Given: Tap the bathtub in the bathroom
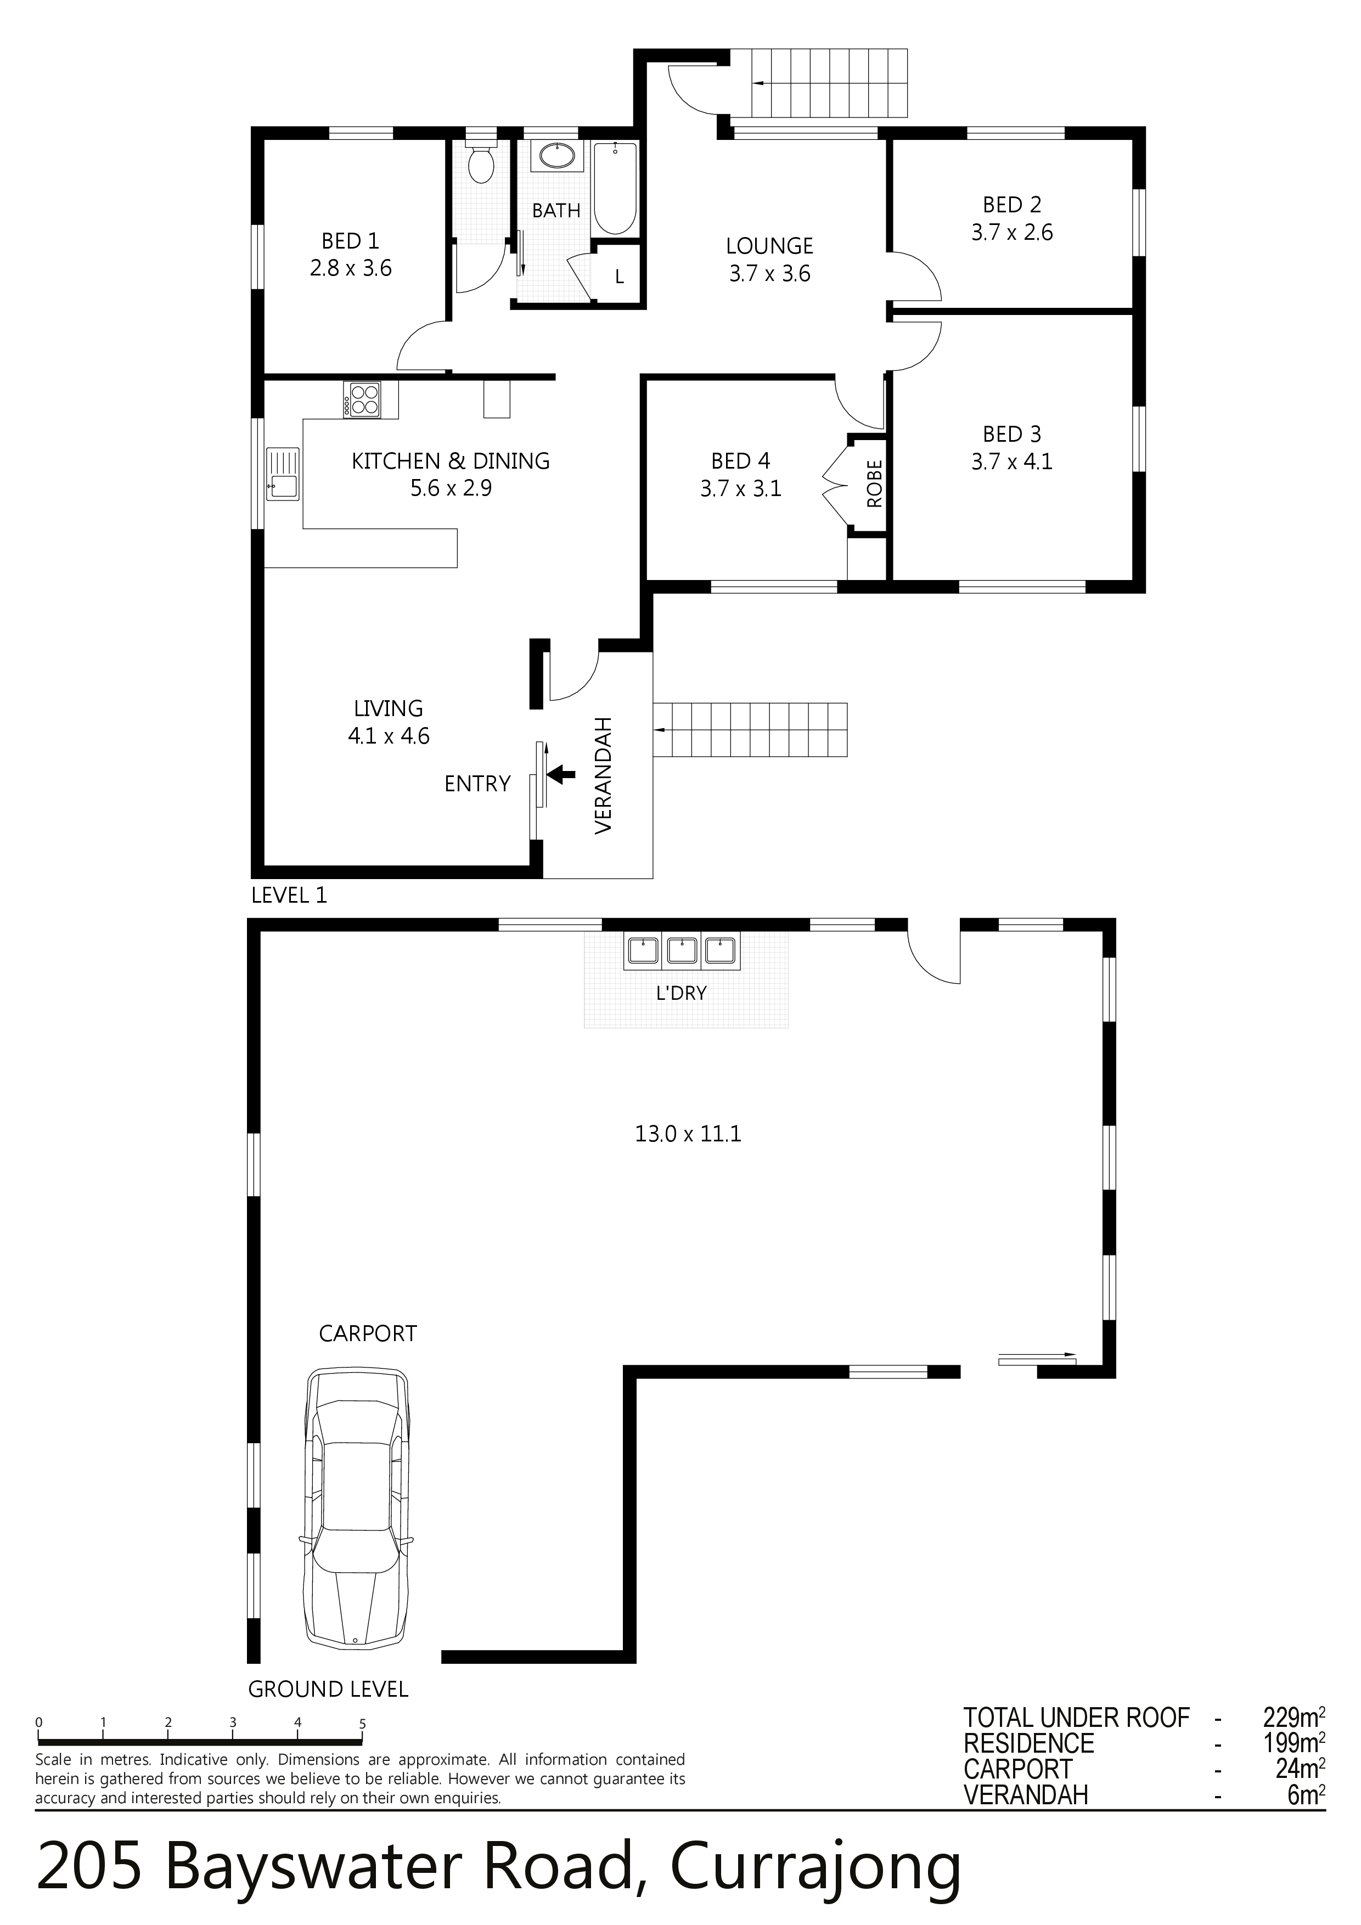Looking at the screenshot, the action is (x=615, y=188).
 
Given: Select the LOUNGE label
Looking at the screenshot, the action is (x=770, y=246).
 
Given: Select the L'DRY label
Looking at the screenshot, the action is (x=681, y=994).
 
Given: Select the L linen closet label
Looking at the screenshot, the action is (x=620, y=277).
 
